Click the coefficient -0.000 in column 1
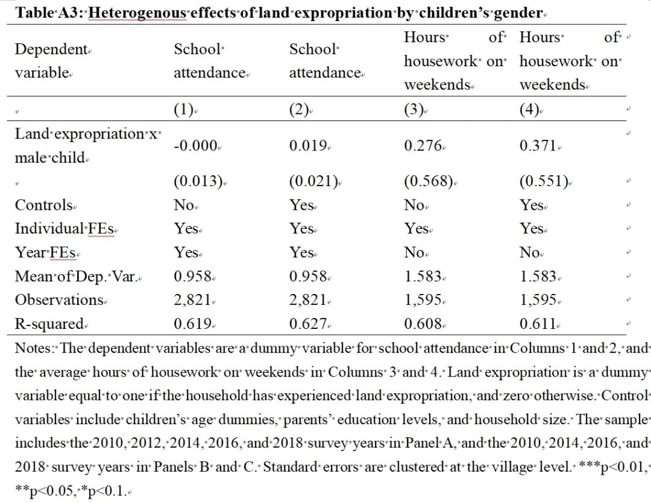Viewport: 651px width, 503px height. [x=195, y=146]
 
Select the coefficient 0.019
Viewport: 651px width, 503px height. [x=308, y=146]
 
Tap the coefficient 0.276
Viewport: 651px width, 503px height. [x=423, y=146]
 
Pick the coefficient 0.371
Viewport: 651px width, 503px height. [x=538, y=146]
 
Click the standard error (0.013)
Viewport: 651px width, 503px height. [x=198, y=181]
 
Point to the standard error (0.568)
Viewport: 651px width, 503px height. [x=428, y=181]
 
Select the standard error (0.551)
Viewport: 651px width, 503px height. [x=544, y=181]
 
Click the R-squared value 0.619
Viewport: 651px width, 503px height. [x=193, y=323]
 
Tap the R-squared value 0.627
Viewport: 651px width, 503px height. [x=308, y=323]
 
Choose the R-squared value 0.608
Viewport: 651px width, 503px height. [x=423, y=323]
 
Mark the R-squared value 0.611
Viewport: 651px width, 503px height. [x=538, y=323]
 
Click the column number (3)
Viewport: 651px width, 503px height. [x=414, y=110]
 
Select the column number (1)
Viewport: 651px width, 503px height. [x=183, y=110]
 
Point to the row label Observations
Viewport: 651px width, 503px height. [x=59, y=299]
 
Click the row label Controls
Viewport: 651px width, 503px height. [x=43, y=205]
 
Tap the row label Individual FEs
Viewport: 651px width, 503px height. [x=64, y=229]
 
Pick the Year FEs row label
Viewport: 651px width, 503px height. [x=45, y=252]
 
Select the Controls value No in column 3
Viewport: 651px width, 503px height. [x=414, y=205]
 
